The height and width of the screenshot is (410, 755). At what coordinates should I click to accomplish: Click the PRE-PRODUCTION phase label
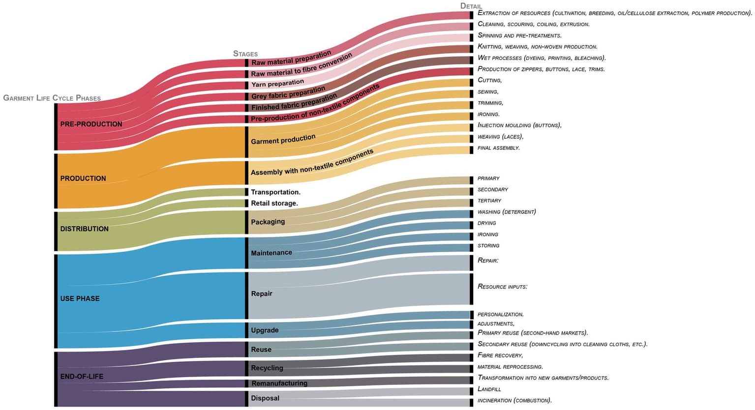point(91,124)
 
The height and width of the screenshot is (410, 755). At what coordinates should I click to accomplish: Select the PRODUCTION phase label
point(83,178)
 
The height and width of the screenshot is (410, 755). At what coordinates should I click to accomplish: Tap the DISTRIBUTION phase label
point(84,229)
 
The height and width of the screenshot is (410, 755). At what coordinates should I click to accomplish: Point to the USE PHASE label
point(80,299)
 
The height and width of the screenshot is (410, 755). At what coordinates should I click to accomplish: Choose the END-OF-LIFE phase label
point(82,377)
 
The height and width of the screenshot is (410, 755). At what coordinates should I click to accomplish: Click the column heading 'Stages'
point(245,54)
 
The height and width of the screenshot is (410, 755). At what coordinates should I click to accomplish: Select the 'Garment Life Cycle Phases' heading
point(52,98)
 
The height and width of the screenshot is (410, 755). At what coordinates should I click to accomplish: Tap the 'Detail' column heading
point(471,6)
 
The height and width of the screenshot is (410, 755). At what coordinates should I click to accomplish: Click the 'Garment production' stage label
point(283,140)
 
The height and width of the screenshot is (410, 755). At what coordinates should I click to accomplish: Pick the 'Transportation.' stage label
point(275,192)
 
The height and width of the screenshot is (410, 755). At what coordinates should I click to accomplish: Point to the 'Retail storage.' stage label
point(274,204)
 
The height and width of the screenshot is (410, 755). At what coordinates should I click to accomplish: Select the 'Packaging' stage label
point(268,222)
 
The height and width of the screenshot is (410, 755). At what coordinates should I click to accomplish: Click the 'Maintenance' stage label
point(271,253)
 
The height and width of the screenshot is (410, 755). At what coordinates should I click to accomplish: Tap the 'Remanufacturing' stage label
point(279,383)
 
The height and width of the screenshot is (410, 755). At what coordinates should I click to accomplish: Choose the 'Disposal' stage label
point(265,398)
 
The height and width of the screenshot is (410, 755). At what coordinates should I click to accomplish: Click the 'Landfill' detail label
point(489,389)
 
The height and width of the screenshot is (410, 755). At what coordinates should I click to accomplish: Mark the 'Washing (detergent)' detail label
point(506,212)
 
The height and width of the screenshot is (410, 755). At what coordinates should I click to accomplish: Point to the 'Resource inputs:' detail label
point(502,287)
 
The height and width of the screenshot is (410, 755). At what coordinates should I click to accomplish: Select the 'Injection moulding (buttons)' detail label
point(519,125)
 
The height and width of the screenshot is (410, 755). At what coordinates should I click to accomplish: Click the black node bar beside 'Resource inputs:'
point(471,289)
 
